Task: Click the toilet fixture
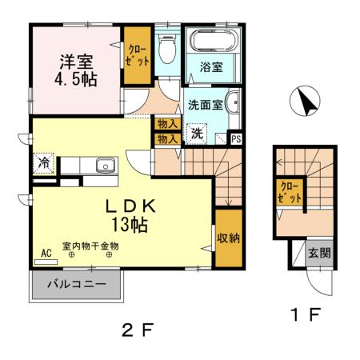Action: coord(167,50)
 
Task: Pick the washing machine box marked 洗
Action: coord(196,133)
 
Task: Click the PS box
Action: coord(235,138)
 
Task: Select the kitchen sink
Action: coord(106,166)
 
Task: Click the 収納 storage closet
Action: coord(228,238)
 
